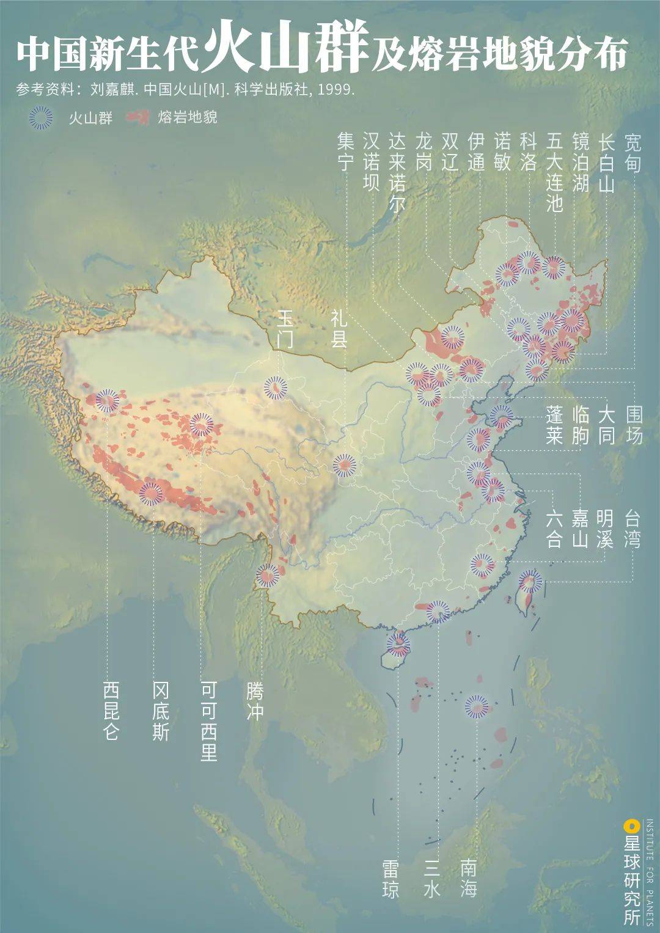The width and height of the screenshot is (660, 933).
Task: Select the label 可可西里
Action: point(209,721)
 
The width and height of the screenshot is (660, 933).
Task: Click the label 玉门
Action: point(285,328)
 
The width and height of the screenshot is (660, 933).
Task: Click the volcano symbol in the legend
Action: point(41,118)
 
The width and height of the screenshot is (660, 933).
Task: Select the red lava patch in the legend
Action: point(138,117)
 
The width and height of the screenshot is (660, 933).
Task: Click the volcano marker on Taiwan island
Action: point(530,582)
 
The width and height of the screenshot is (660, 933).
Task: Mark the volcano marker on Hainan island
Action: point(399,643)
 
